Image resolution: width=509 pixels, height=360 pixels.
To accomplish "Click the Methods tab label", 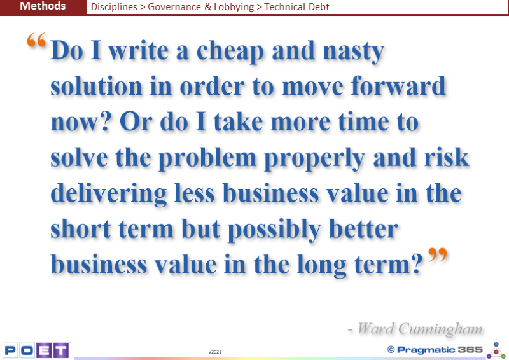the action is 43,6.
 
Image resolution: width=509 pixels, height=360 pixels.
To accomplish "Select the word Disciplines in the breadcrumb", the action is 114,7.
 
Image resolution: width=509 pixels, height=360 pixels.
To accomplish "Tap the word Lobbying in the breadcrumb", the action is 234,7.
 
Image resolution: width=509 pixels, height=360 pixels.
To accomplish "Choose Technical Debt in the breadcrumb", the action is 296,7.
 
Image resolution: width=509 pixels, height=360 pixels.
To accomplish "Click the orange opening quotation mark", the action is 36,40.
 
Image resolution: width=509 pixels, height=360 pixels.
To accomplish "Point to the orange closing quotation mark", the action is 438,255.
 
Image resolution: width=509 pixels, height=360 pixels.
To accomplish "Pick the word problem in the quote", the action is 207,158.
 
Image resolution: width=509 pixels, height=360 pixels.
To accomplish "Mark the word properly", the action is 314,158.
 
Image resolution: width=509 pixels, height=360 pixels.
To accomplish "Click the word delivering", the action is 109,193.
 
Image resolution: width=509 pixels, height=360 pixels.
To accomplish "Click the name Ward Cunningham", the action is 420,328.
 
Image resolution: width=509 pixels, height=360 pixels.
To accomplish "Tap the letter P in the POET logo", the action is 10,350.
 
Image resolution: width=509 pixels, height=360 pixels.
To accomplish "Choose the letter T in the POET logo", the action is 60,350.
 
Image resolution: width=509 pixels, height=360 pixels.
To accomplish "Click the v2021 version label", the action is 215,352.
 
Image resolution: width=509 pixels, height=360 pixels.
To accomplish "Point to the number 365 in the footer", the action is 470,350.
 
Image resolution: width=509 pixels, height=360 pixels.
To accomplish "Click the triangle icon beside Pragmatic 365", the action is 496,350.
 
